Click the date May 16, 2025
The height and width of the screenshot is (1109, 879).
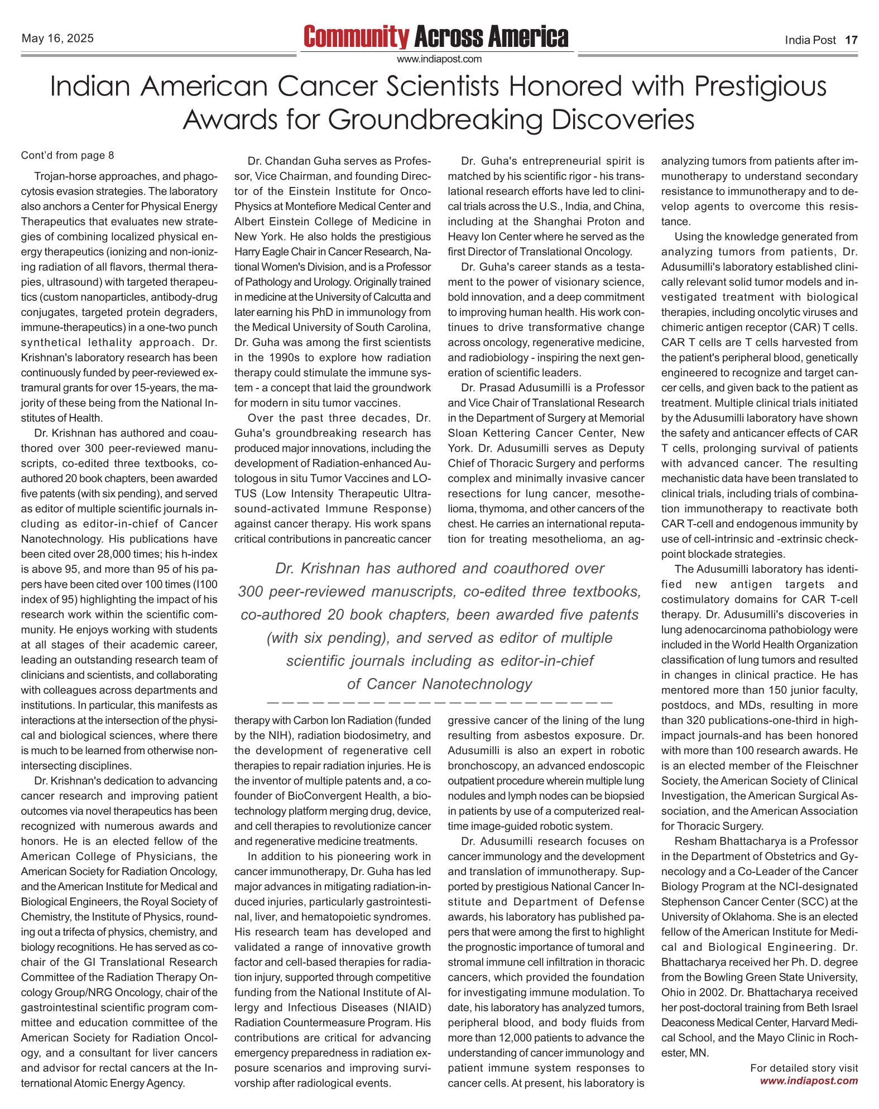(x=57, y=39)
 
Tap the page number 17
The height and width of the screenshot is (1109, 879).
(x=851, y=40)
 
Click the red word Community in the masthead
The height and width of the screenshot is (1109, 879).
(x=356, y=37)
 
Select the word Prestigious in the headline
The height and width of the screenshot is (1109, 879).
(x=760, y=87)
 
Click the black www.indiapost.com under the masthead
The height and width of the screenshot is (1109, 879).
(x=439, y=59)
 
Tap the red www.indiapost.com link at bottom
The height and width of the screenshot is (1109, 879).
(x=809, y=1081)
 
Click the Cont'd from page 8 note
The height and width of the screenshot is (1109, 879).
(x=68, y=155)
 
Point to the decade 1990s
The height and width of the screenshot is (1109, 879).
(x=289, y=358)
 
